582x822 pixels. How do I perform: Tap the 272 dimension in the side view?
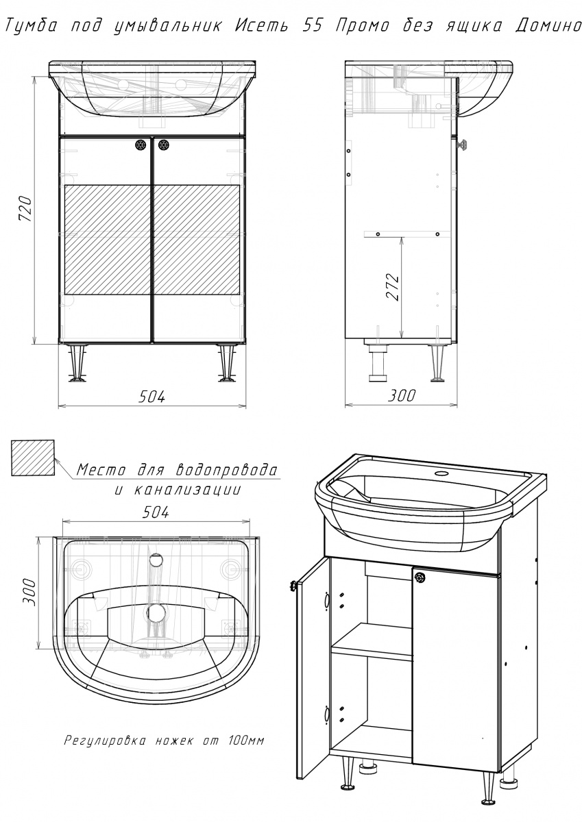pos(392,287)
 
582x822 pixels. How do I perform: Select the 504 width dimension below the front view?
pos(151,397)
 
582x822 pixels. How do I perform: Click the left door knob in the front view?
pos(141,145)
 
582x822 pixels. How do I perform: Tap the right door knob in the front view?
pos(164,145)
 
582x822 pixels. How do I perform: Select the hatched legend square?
pos(33,458)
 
